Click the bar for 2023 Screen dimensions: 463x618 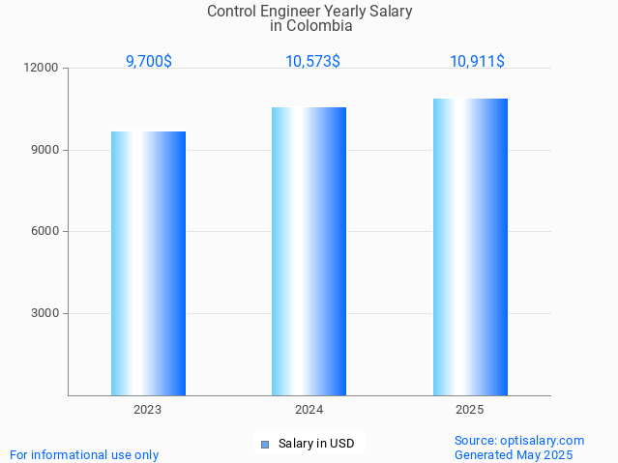pyautogui.click(x=148, y=263)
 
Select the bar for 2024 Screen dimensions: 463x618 pyautogui.click(x=309, y=251)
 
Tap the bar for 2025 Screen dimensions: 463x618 pyautogui.click(x=470, y=246)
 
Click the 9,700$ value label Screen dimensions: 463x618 pyautogui.click(x=149, y=62)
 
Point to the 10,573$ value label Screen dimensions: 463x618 pyautogui.click(x=312, y=62)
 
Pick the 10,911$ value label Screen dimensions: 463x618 pyautogui.click(x=477, y=62)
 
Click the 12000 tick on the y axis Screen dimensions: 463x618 pyautogui.click(x=43, y=69)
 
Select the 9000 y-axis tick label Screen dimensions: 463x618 pyautogui.click(x=45, y=150)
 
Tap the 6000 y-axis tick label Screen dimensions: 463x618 pyautogui.click(x=45, y=232)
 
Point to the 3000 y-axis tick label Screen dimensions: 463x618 pyautogui.click(x=45, y=313)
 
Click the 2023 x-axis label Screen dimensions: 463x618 pyautogui.click(x=148, y=410)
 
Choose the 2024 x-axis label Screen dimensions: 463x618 pyautogui.click(x=309, y=410)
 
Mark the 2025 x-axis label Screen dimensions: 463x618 pyautogui.click(x=470, y=410)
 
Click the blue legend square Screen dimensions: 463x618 pyautogui.click(x=265, y=445)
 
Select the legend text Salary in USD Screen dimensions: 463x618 pyautogui.click(x=316, y=445)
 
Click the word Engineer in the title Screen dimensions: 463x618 pyautogui.click(x=291, y=12)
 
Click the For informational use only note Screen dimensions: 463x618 pyautogui.click(x=84, y=454)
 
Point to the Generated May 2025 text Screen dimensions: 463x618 pyautogui.click(x=514, y=454)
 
